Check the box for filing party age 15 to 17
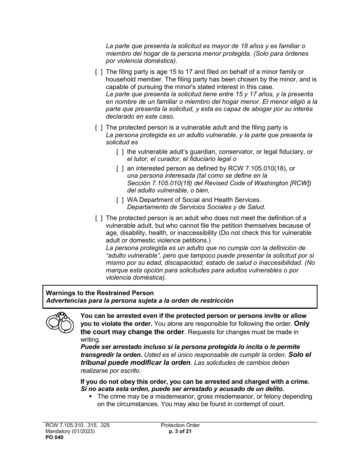point(99,72)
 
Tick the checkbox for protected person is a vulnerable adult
point(99,128)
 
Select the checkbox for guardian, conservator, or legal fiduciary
point(120,152)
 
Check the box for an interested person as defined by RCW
point(120,169)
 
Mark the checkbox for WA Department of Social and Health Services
point(120,200)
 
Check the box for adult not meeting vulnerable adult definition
point(99,218)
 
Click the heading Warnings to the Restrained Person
point(100,293)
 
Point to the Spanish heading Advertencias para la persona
point(139,301)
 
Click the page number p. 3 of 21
point(180,432)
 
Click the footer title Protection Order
point(180,425)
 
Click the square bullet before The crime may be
point(91,397)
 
